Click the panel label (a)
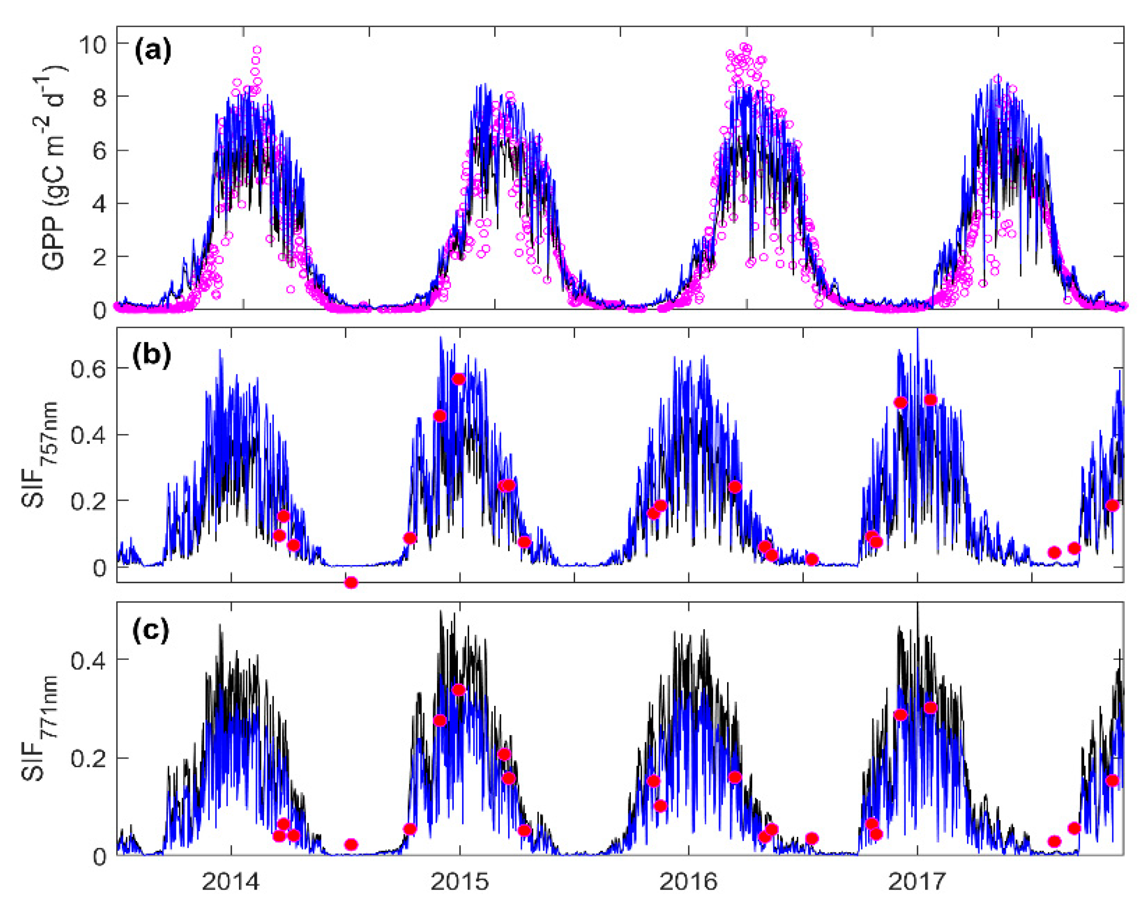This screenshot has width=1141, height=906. [x=153, y=51]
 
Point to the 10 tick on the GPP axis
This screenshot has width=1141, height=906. [x=93, y=44]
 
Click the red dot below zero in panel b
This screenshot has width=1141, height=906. [x=351, y=583]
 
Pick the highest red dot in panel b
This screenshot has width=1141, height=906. [x=458, y=379]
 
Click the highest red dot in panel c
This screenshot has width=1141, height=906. [x=458, y=690]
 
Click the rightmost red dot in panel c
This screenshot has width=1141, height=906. [x=1112, y=781]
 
